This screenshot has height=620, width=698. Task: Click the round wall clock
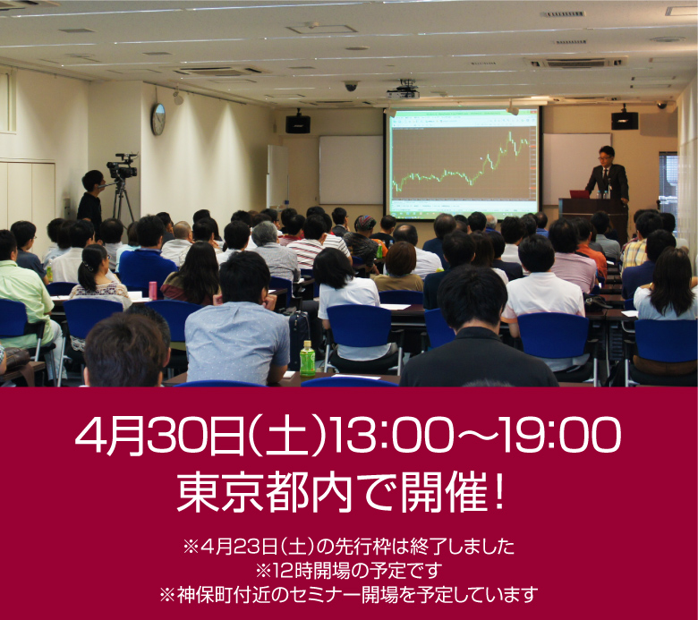click(x=158, y=119)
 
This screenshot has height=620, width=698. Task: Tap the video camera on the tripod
click(x=122, y=166)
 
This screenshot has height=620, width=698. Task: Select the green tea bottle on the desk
click(x=307, y=358)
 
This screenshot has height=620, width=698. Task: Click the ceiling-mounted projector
click(x=404, y=90)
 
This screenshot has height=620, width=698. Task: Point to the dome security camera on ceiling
click(x=351, y=86)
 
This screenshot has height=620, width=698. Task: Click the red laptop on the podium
click(x=580, y=194)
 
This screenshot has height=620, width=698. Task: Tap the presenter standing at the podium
click(x=609, y=178)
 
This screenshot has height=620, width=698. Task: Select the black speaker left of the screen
click(x=298, y=123)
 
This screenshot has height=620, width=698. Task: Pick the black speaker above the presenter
click(x=625, y=120)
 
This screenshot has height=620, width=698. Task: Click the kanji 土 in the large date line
click(x=285, y=436)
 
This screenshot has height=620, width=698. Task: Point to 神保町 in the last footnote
click(x=204, y=595)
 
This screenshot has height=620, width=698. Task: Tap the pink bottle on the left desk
click(x=153, y=290)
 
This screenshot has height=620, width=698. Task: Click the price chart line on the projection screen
click(x=461, y=166)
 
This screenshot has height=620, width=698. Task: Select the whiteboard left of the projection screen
click(x=351, y=170)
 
